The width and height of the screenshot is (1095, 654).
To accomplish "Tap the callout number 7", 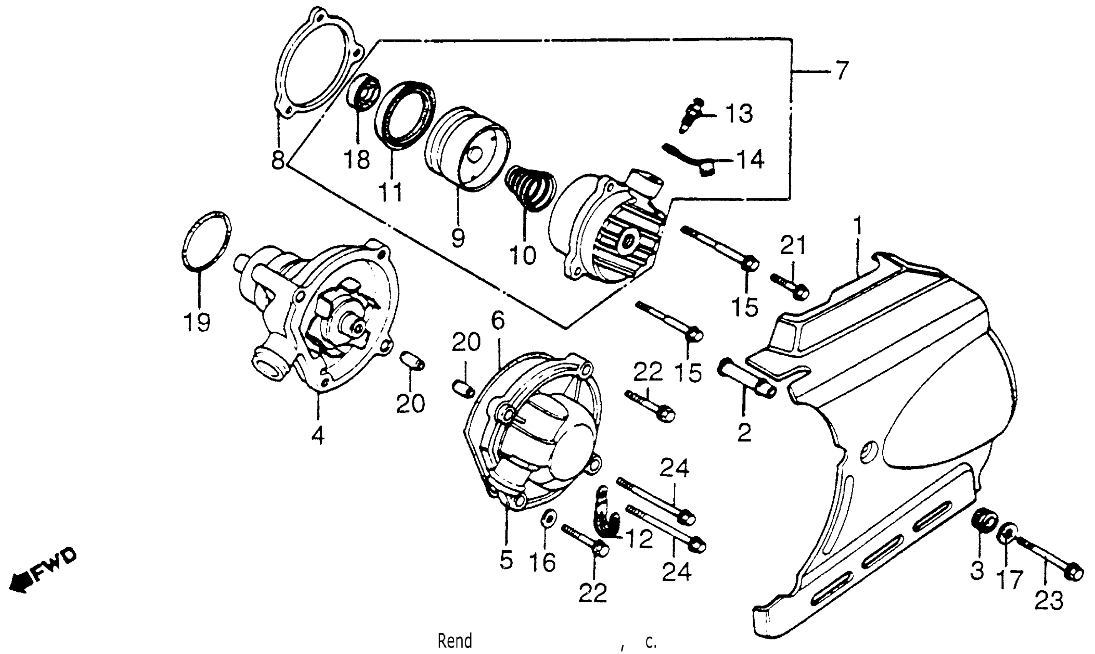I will click(841, 71).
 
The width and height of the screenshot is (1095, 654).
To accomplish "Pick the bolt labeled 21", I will click(789, 287).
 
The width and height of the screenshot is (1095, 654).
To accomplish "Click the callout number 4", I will click(317, 436).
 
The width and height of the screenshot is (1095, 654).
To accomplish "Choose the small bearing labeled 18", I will click(365, 91).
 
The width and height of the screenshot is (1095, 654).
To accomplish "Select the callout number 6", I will click(497, 320).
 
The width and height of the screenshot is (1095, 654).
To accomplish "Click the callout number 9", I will click(457, 238).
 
